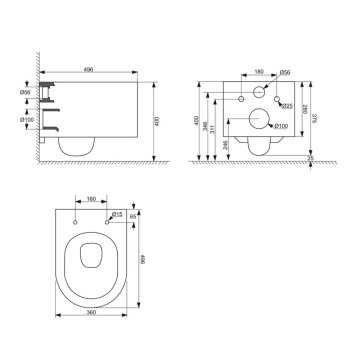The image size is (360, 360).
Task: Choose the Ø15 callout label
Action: [x=117, y=213]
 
